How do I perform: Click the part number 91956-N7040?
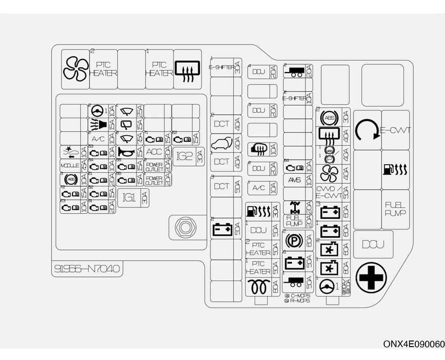click(86, 269)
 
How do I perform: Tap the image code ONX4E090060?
click(413, 344)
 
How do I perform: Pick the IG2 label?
click(185, 156)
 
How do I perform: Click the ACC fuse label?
click(154, 152)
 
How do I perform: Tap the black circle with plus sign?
click(371, 278)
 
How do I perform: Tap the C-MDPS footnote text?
click(299, 296)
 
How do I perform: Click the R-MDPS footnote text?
click(299, 301)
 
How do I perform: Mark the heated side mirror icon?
click(259, 148)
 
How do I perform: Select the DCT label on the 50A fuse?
click(222, 186)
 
